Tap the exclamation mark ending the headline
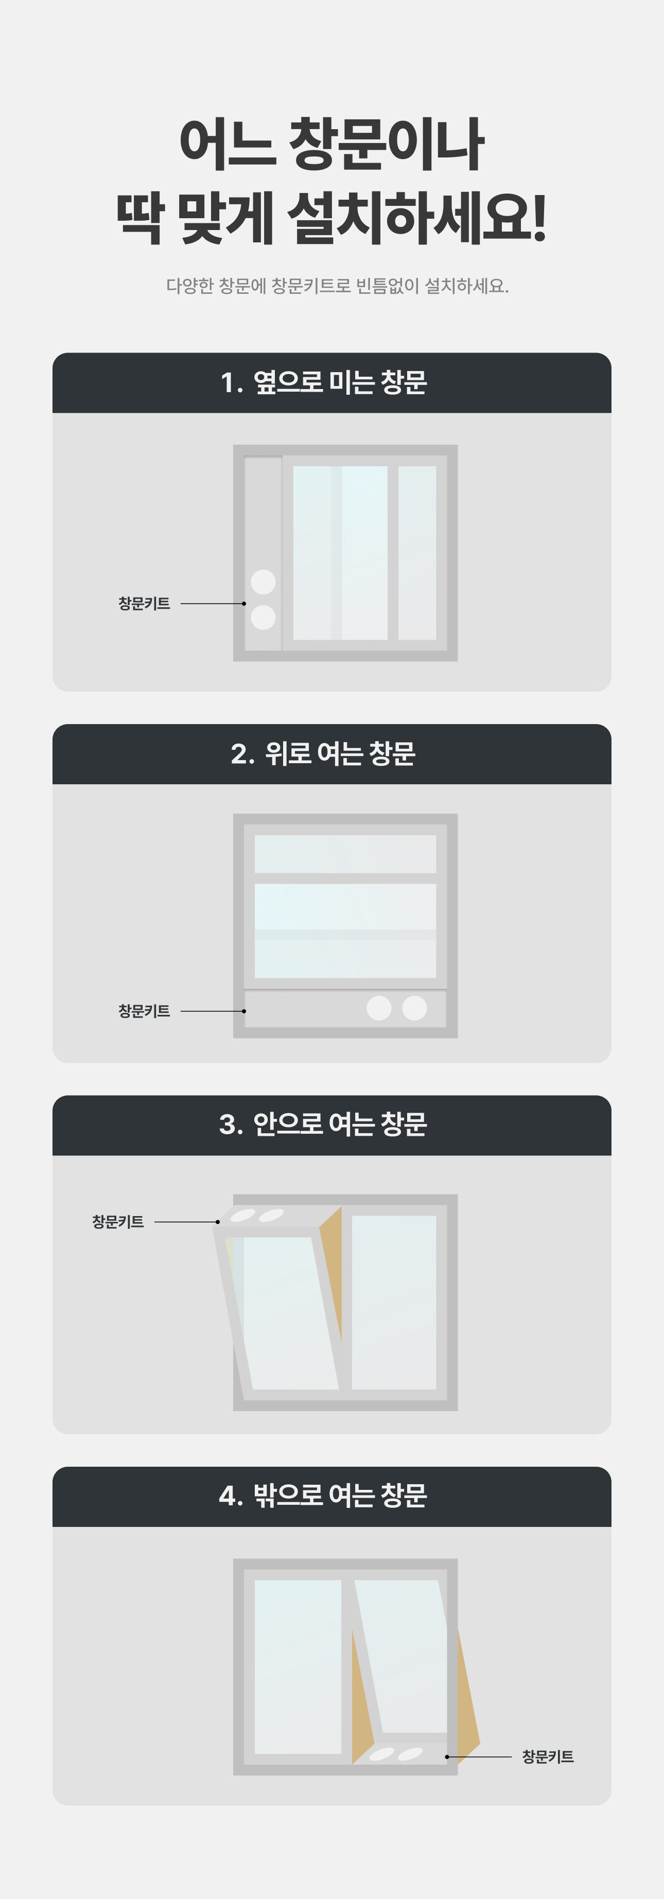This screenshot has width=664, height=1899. [x=539, y=218]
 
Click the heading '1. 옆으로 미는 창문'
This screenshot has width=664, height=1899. [x=324, y=382]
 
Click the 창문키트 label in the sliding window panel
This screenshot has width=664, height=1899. [x=145, y=603]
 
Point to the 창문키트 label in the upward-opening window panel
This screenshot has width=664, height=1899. [x=145, y=1011]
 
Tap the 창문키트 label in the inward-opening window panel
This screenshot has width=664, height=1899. [x=118, y=1222]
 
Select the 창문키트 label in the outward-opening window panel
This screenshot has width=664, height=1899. [x=548, y=1757]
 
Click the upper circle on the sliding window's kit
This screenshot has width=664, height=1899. [x=263, y=582]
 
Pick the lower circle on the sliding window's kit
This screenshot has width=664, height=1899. [x=263, y=617]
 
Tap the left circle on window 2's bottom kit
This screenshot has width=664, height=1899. [x=379, y=1008]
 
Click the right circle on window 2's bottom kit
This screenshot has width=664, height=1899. [x=414, y=1008]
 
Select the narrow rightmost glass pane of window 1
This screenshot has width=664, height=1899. [x=417, y=552]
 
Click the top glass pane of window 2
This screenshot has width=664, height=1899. [x=345, y=854]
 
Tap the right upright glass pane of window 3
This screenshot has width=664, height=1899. [x=394, y=1303]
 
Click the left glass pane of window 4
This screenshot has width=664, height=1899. [x=298, y=1667]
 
